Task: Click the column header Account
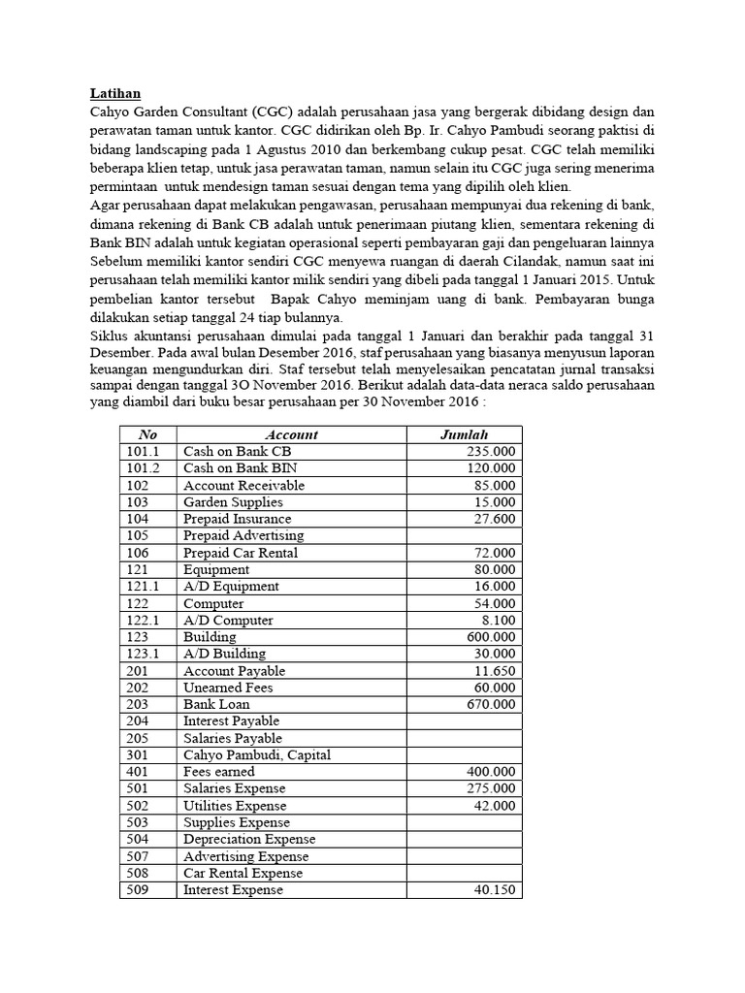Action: click(x=291, y=434)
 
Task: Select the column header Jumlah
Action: click(x=464, y=434)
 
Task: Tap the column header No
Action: click(x=147, y=434)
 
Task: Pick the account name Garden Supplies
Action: click(x=233, y=502)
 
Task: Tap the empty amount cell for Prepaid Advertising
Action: click(x=464, y=535)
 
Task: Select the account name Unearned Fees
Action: click(x=228, y=688)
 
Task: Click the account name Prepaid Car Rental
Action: click(x=241, y=553)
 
